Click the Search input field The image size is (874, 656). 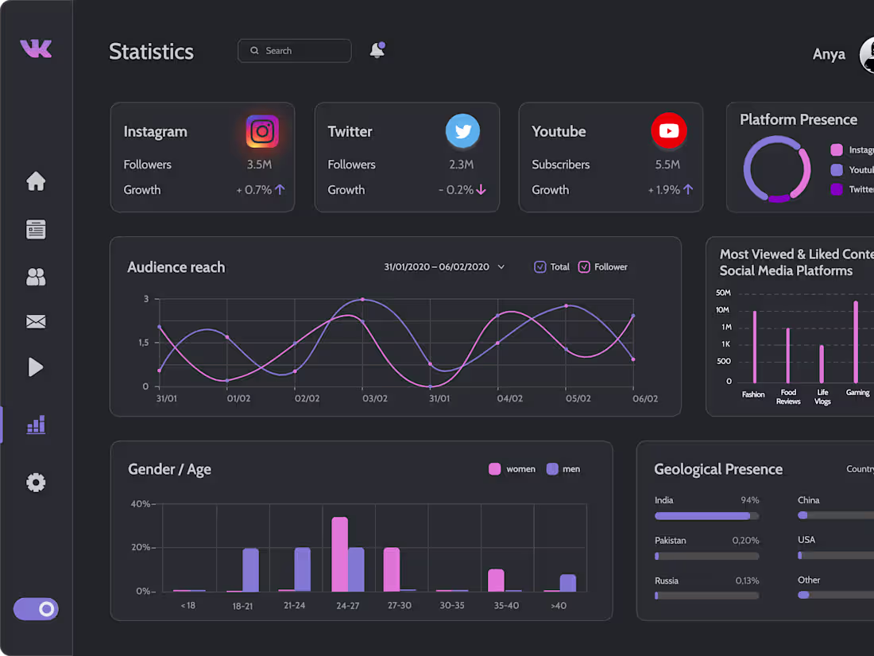[295, 51]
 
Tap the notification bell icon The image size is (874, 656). [377, 51]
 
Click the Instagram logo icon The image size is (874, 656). [262, 131]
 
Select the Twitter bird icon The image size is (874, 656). [462, 131]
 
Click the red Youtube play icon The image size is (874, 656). [668, 131]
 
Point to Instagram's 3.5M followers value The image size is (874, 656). [259, 165]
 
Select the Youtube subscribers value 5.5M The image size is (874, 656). [667, 165]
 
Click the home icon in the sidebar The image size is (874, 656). [36, 181]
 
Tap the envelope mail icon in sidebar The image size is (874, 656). [36, 322]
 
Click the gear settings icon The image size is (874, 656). [36, 483]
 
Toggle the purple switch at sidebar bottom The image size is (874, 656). [36, 609]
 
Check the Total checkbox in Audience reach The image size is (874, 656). [540, 267]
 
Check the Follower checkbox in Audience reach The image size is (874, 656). [584, 267]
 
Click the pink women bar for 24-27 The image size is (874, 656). [339, 554]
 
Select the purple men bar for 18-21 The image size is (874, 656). [250, 570]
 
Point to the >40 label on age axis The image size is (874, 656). [559, 606]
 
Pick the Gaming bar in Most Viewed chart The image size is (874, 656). [856, 342]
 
